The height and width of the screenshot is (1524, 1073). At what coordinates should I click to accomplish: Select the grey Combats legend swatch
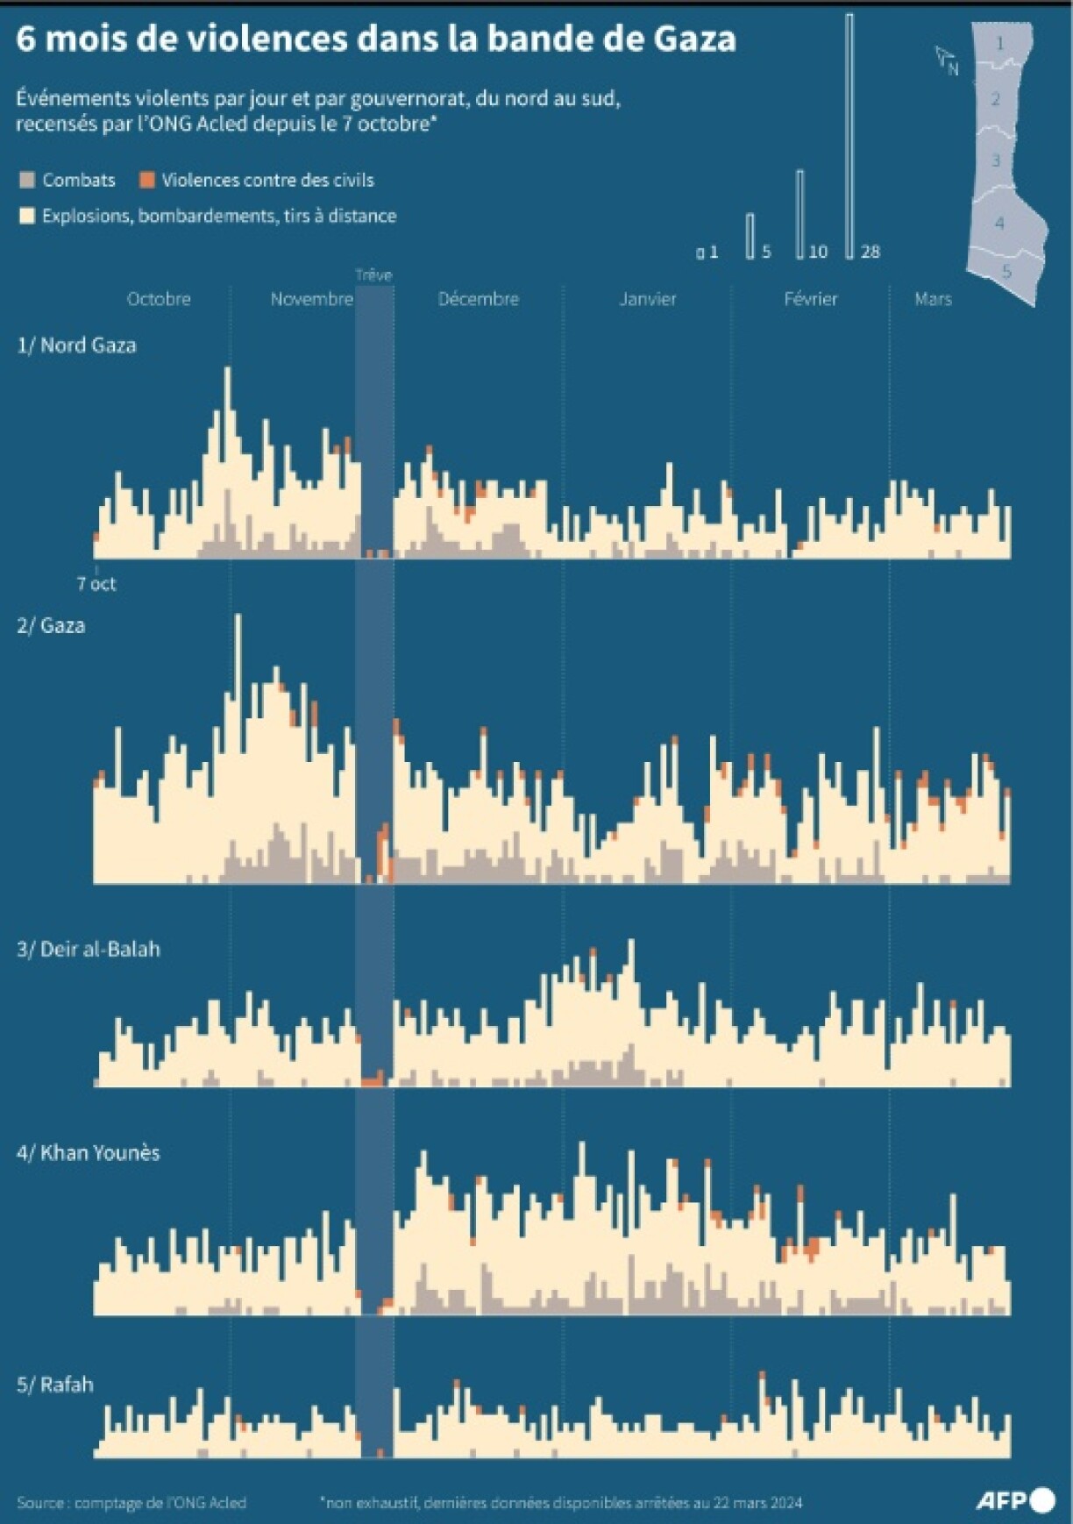(27, 181)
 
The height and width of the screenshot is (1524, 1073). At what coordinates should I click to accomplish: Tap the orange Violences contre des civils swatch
(147, 181)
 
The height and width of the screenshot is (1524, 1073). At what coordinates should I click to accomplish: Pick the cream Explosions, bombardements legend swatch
(27, 216)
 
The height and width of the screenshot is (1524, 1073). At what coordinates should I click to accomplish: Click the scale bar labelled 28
(849, 136)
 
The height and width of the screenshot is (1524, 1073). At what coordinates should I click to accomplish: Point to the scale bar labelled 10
(799, 215)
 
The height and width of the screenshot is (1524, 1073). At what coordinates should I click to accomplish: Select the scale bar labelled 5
(750, 236)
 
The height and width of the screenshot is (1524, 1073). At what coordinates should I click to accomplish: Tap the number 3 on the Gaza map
(996, 161)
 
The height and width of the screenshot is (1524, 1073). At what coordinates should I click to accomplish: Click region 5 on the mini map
(1006, 272)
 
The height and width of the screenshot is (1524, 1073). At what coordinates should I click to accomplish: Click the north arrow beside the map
(945, 60)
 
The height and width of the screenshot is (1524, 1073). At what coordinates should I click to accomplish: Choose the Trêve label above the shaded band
(373, 275)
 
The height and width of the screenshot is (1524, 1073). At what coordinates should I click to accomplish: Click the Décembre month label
(478, 299)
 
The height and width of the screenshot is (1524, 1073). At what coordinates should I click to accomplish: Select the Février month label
(810, 299)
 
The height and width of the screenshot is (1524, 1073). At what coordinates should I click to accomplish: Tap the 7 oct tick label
(96, 584)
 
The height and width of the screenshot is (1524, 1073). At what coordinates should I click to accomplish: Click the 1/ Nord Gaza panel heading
(76, 345)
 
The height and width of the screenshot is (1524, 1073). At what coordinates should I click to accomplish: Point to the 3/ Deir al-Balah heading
(89, 949)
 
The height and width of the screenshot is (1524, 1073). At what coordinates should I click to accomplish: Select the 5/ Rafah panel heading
(55, 1385)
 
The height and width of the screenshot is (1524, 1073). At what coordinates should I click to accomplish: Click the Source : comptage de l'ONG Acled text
(131, 1503)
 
